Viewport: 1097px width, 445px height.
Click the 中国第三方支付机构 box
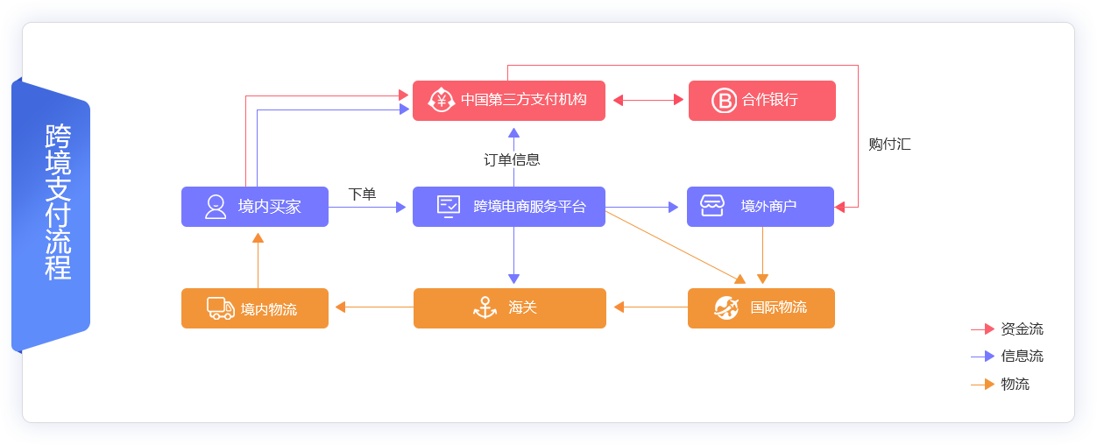click(508, 100)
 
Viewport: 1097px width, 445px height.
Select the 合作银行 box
click(761, 100)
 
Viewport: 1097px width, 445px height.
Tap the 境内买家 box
click(254, 207)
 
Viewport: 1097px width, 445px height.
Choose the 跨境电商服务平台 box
click(508, 207)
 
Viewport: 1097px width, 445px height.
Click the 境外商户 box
click(760, 207)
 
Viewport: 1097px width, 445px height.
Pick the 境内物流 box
click(254, 308)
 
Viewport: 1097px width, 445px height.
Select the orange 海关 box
click(509, 308)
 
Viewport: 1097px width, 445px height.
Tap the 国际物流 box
click(761, 308)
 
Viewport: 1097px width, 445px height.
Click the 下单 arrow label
click(362, 194)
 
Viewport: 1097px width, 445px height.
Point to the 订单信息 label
click(512, 159)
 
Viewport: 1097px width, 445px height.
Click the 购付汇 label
click(889, 145)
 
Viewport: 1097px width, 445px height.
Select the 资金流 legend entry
click(1022, 329)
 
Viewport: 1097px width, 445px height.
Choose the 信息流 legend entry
click(1022, 357)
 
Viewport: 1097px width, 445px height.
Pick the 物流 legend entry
click(1015, 384)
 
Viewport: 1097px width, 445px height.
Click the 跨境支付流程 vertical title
click(58, 201)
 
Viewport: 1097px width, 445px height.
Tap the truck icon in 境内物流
click(220, 308)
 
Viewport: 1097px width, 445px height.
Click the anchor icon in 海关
click(485, 307)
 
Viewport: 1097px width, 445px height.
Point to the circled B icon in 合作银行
click(724, 101)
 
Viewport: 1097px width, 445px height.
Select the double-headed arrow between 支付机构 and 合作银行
click(648, 100)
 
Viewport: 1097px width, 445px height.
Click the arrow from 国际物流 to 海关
click(650, 307)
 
